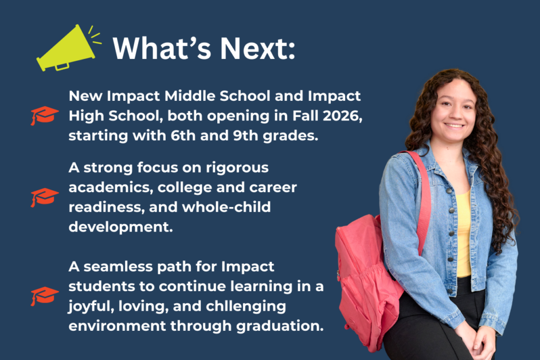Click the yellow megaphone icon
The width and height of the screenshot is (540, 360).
(67, 48)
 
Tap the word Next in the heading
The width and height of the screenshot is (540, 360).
(257, 48)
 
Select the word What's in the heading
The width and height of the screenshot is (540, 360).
(162, 48)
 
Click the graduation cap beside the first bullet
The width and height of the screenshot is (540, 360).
(44, 115)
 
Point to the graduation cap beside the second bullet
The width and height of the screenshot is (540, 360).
(44, 197)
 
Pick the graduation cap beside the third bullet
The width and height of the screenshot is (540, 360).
(44, 296)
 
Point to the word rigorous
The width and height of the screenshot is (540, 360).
(237, 168)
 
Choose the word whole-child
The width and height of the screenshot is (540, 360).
(226, 207)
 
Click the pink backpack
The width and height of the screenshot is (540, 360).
(367, 276)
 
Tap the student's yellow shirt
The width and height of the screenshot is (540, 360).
(463, 234)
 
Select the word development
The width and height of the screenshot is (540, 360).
(120, 228)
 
